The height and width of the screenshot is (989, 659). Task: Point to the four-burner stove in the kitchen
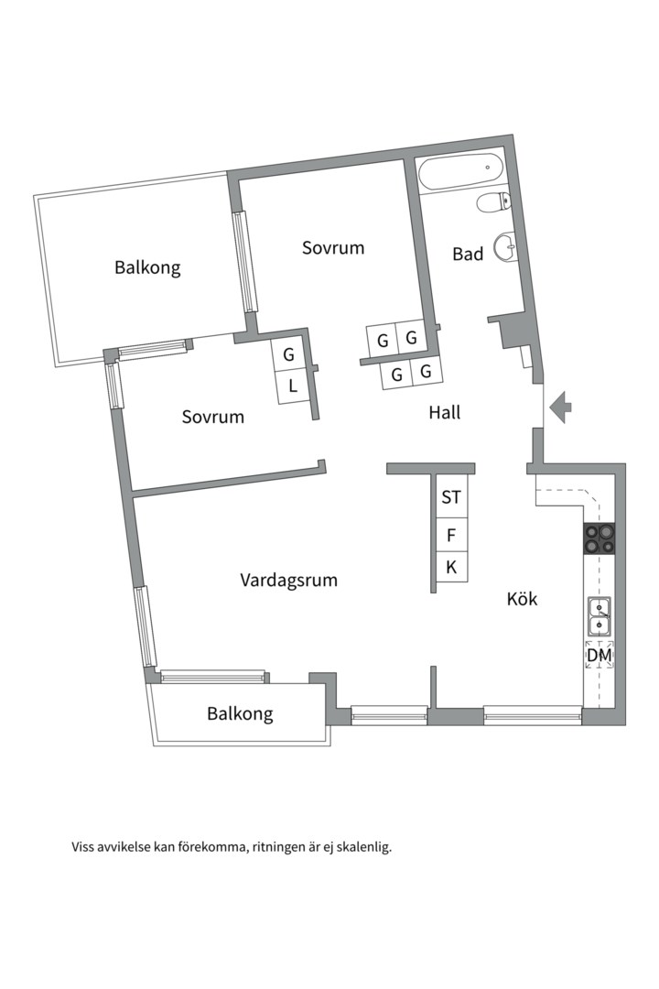(x=599, y=538)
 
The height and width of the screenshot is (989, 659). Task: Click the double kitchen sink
(x=600, y=615)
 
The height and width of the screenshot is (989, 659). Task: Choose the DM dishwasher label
(x=600, y=656)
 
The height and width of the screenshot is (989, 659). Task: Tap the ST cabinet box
(x=451, y=498)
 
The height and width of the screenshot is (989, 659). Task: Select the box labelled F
(x=451, y=534)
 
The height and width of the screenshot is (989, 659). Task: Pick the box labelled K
(x=451, y=568)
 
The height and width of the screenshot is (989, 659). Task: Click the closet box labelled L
(x=292, y=386)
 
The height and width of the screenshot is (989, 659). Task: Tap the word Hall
(x=445, y=413)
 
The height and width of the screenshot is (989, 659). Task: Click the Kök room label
(x=523, y=600)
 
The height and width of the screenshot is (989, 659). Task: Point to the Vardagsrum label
(x=289, y=580)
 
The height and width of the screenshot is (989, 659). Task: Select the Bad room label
(x=468, y=255)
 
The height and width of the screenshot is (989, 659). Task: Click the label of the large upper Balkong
(x=147, y=268)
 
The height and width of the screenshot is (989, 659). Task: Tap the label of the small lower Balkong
(x=240, y=713)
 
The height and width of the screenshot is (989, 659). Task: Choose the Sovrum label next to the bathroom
(x=333, y=247)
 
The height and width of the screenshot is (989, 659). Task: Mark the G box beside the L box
(x=289, y=354)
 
